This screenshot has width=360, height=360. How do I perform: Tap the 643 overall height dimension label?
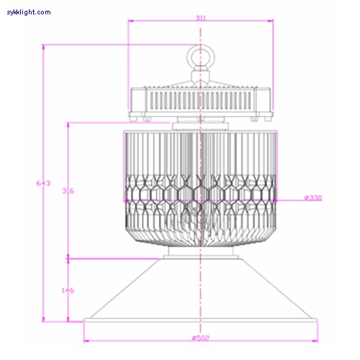click(42, 183)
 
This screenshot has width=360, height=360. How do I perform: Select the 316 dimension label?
click(68, 191)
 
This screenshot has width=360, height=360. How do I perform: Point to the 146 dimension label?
click(68, 290)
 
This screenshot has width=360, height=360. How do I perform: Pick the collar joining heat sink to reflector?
click(199, 253)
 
